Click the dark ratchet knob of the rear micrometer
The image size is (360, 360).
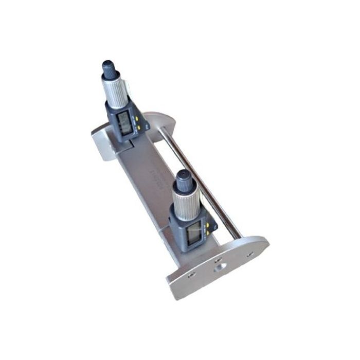pos(109,68)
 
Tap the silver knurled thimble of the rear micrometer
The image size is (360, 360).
pos(116,91)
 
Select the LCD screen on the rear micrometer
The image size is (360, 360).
pos(124,122)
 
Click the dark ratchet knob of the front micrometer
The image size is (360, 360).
pos(184,179)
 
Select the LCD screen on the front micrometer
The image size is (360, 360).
pos(195,233)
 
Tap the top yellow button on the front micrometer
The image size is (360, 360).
pos(208,225)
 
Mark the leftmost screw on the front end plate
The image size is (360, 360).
pos(191,275)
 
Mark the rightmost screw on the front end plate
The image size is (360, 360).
pos(250,254)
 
